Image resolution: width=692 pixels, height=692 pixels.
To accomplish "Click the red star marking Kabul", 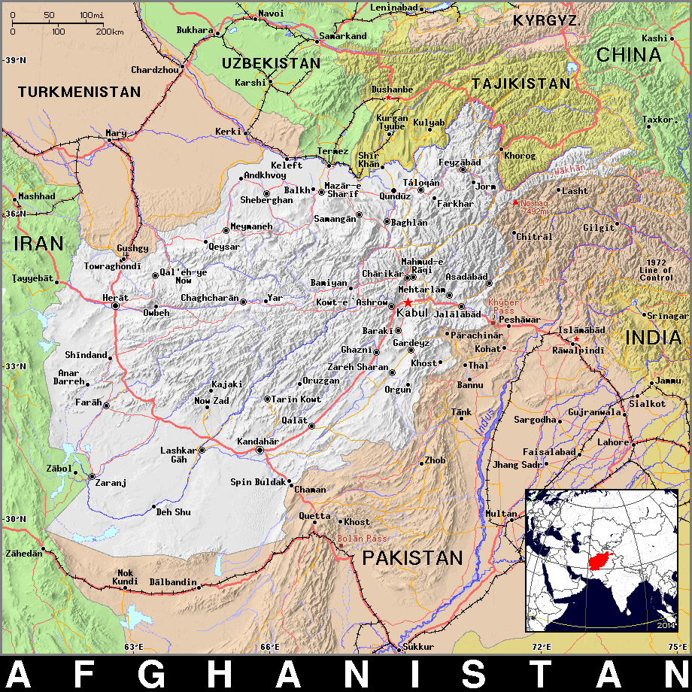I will coord(408,302).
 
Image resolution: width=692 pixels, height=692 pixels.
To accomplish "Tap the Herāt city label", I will coord(114,298).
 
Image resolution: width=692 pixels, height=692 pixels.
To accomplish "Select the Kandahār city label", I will coord(257,441).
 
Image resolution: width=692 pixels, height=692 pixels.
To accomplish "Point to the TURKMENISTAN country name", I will coord(80,92).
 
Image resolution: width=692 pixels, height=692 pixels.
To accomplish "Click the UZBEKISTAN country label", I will coord(271,63).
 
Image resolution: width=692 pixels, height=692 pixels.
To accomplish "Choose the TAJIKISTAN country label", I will coord(521,83).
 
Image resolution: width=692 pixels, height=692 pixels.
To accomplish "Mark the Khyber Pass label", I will coord(503,306).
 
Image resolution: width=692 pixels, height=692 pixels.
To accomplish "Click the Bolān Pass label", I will coord(362,539).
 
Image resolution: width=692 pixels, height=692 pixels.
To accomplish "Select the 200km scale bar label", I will coord(110,32).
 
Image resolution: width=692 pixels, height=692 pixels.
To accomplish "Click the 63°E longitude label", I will coord(133,647).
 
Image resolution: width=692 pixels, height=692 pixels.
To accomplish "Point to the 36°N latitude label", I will coord(14,214).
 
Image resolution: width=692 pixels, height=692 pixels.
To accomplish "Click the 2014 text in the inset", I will coord(665,625).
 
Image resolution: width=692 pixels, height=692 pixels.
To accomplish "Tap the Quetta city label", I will coord(314,516).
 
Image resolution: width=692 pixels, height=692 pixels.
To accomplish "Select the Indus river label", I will coord(485,421).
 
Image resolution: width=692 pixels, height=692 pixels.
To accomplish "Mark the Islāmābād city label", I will coord(581,330).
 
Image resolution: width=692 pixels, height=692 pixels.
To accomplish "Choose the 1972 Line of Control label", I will coord(656,270).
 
